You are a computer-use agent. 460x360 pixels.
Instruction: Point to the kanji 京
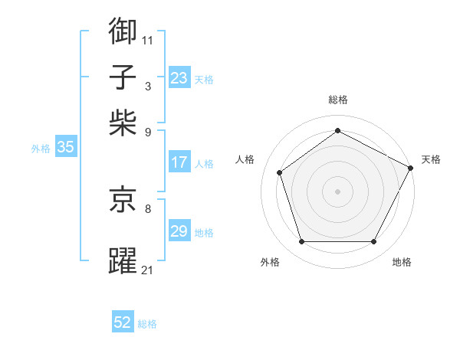point(123,200)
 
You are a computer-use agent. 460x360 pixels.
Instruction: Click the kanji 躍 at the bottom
point(123,260)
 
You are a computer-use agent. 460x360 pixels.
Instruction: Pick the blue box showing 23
point(179,78)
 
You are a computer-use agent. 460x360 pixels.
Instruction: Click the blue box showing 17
point(179,162)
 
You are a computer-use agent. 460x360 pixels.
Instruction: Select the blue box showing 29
point(179,231)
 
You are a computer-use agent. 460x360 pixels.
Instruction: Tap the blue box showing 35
point(65,148)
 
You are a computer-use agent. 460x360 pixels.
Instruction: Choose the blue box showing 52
point(123,322)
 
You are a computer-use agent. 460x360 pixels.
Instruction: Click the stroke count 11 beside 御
point(148,39)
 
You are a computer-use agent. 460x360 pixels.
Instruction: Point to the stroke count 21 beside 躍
point(148,270)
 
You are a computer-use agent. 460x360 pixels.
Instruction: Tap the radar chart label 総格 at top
point(337,100)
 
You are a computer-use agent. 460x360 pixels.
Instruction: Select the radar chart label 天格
point(431,159)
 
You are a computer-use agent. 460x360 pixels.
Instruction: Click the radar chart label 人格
point(245,159)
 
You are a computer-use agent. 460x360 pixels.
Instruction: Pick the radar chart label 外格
point(270,263)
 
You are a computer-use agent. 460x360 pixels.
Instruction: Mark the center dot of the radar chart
point(337,191)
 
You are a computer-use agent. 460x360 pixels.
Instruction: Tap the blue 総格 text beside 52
point(147,324)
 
